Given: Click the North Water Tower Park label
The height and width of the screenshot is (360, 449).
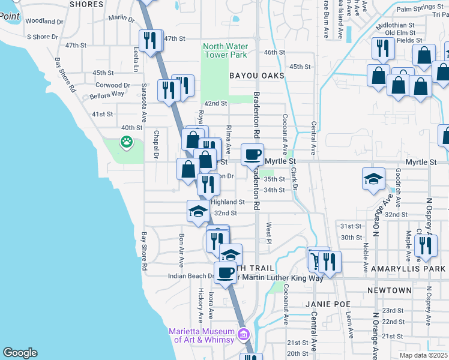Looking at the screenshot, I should click(225, 50).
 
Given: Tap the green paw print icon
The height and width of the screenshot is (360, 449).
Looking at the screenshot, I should click(127, 142).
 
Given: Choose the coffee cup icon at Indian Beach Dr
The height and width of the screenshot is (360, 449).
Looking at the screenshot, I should click(226, 273).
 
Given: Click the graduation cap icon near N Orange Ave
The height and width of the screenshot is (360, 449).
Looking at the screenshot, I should click(373, 178).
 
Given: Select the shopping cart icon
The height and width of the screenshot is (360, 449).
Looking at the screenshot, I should click(317, 259).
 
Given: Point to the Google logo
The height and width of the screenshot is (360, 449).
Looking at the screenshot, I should click(20, 353).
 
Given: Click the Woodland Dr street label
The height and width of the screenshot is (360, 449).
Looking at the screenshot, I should click(44, 22).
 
